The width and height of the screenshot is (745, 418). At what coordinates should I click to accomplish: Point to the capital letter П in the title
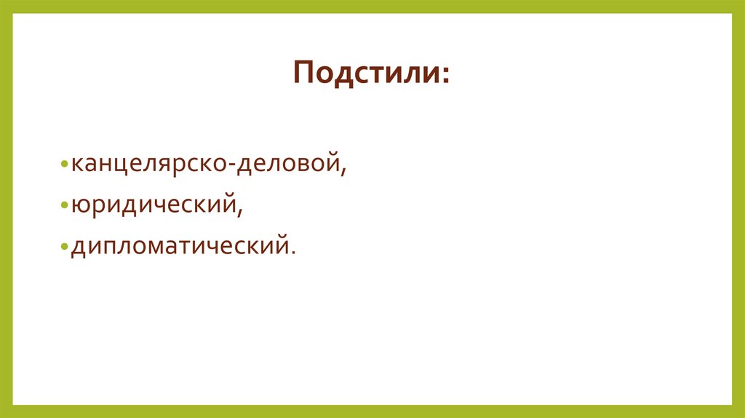(305, 74)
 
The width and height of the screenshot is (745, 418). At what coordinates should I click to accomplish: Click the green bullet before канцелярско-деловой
(65, 165)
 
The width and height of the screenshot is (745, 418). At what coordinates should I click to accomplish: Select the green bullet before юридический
(65, 207)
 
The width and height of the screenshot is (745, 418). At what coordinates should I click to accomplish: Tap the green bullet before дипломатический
(65, 248)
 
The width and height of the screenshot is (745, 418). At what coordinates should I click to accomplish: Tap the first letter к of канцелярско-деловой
(76, 166)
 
